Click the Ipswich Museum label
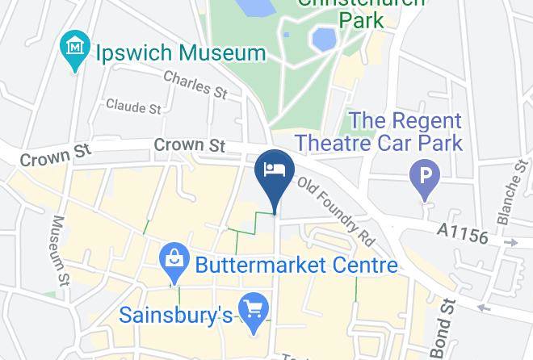pyautogui.click(x=180, y=53)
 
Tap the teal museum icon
pyautogui.click(x=75, y=48)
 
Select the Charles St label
pyautogui.click(x=195, y=82)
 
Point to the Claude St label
pyautogui.click(x=133, y=107)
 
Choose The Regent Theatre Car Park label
pyautogui.click(x=378, y=132)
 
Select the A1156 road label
pyautogui.click(x=463, y=232)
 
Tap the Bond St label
pyautogui.click(x=447, y=328)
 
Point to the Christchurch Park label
pyautogui.click(x=360, y=11)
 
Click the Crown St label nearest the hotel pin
pyautogui.click(x=189, y=145)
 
